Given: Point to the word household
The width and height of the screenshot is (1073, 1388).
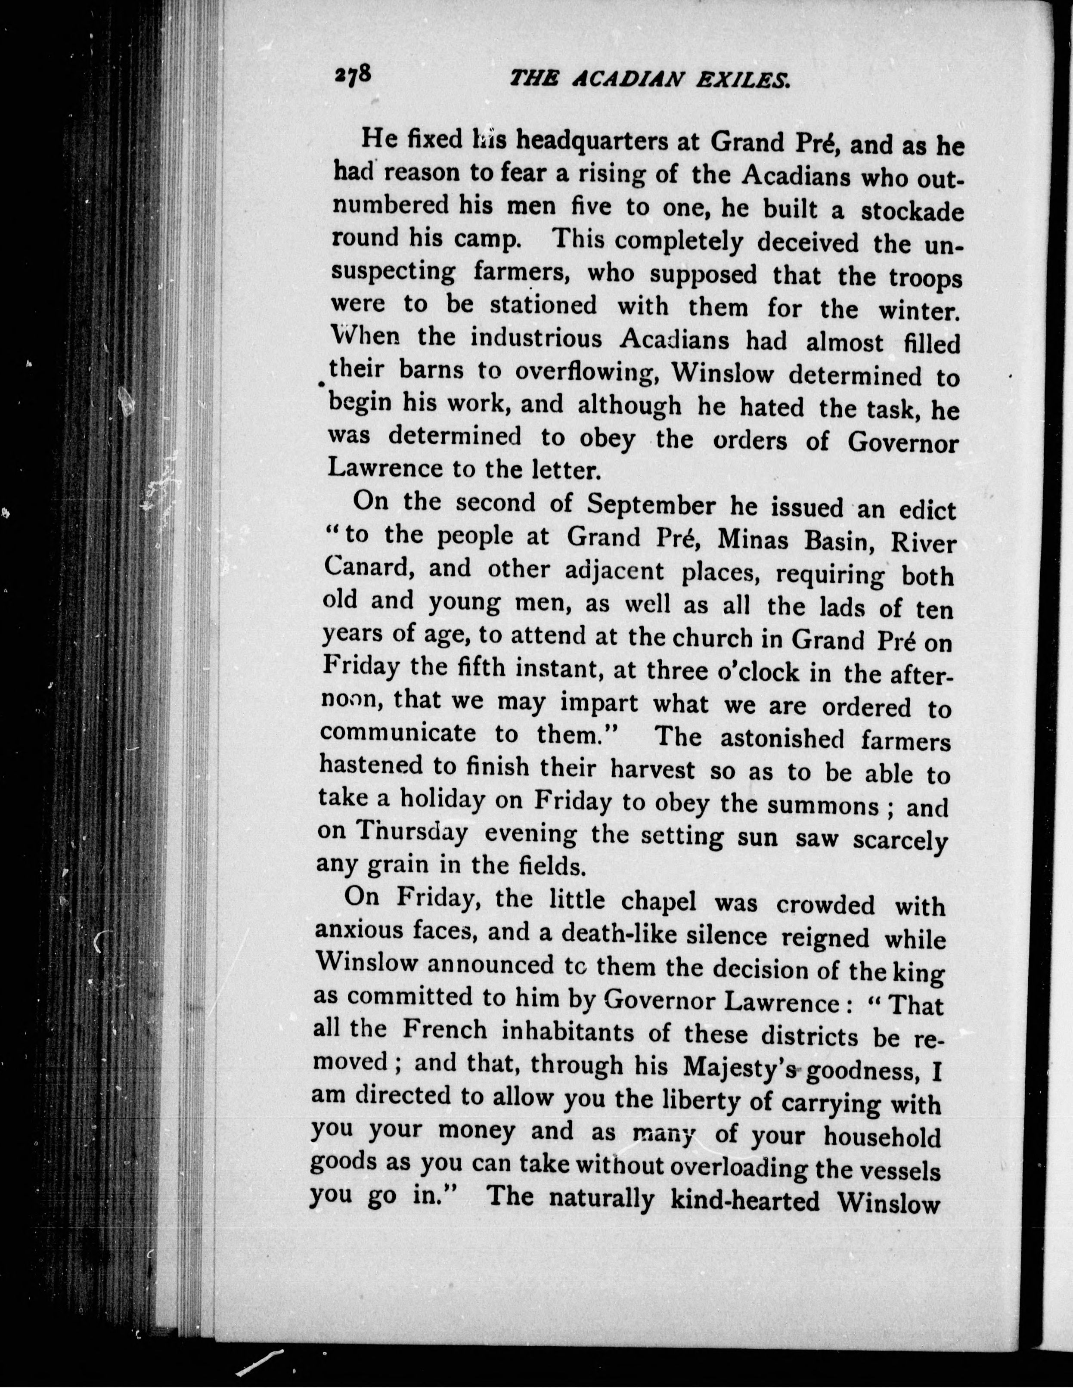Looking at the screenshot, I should click(x=882, y=1136).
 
